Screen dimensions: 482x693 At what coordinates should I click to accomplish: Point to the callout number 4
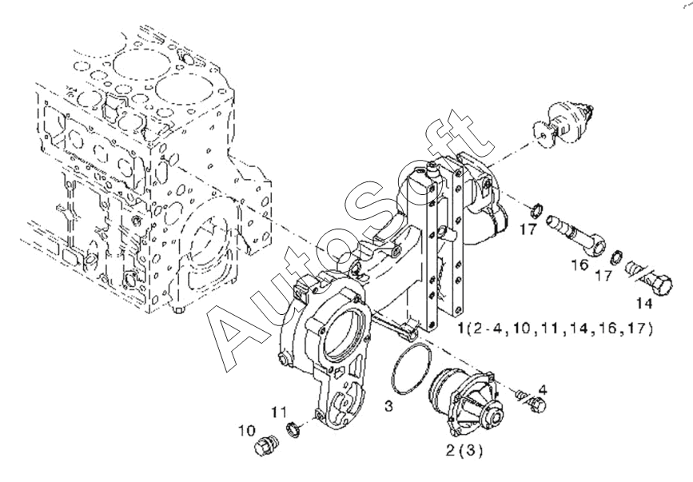(x=543, y=390)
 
